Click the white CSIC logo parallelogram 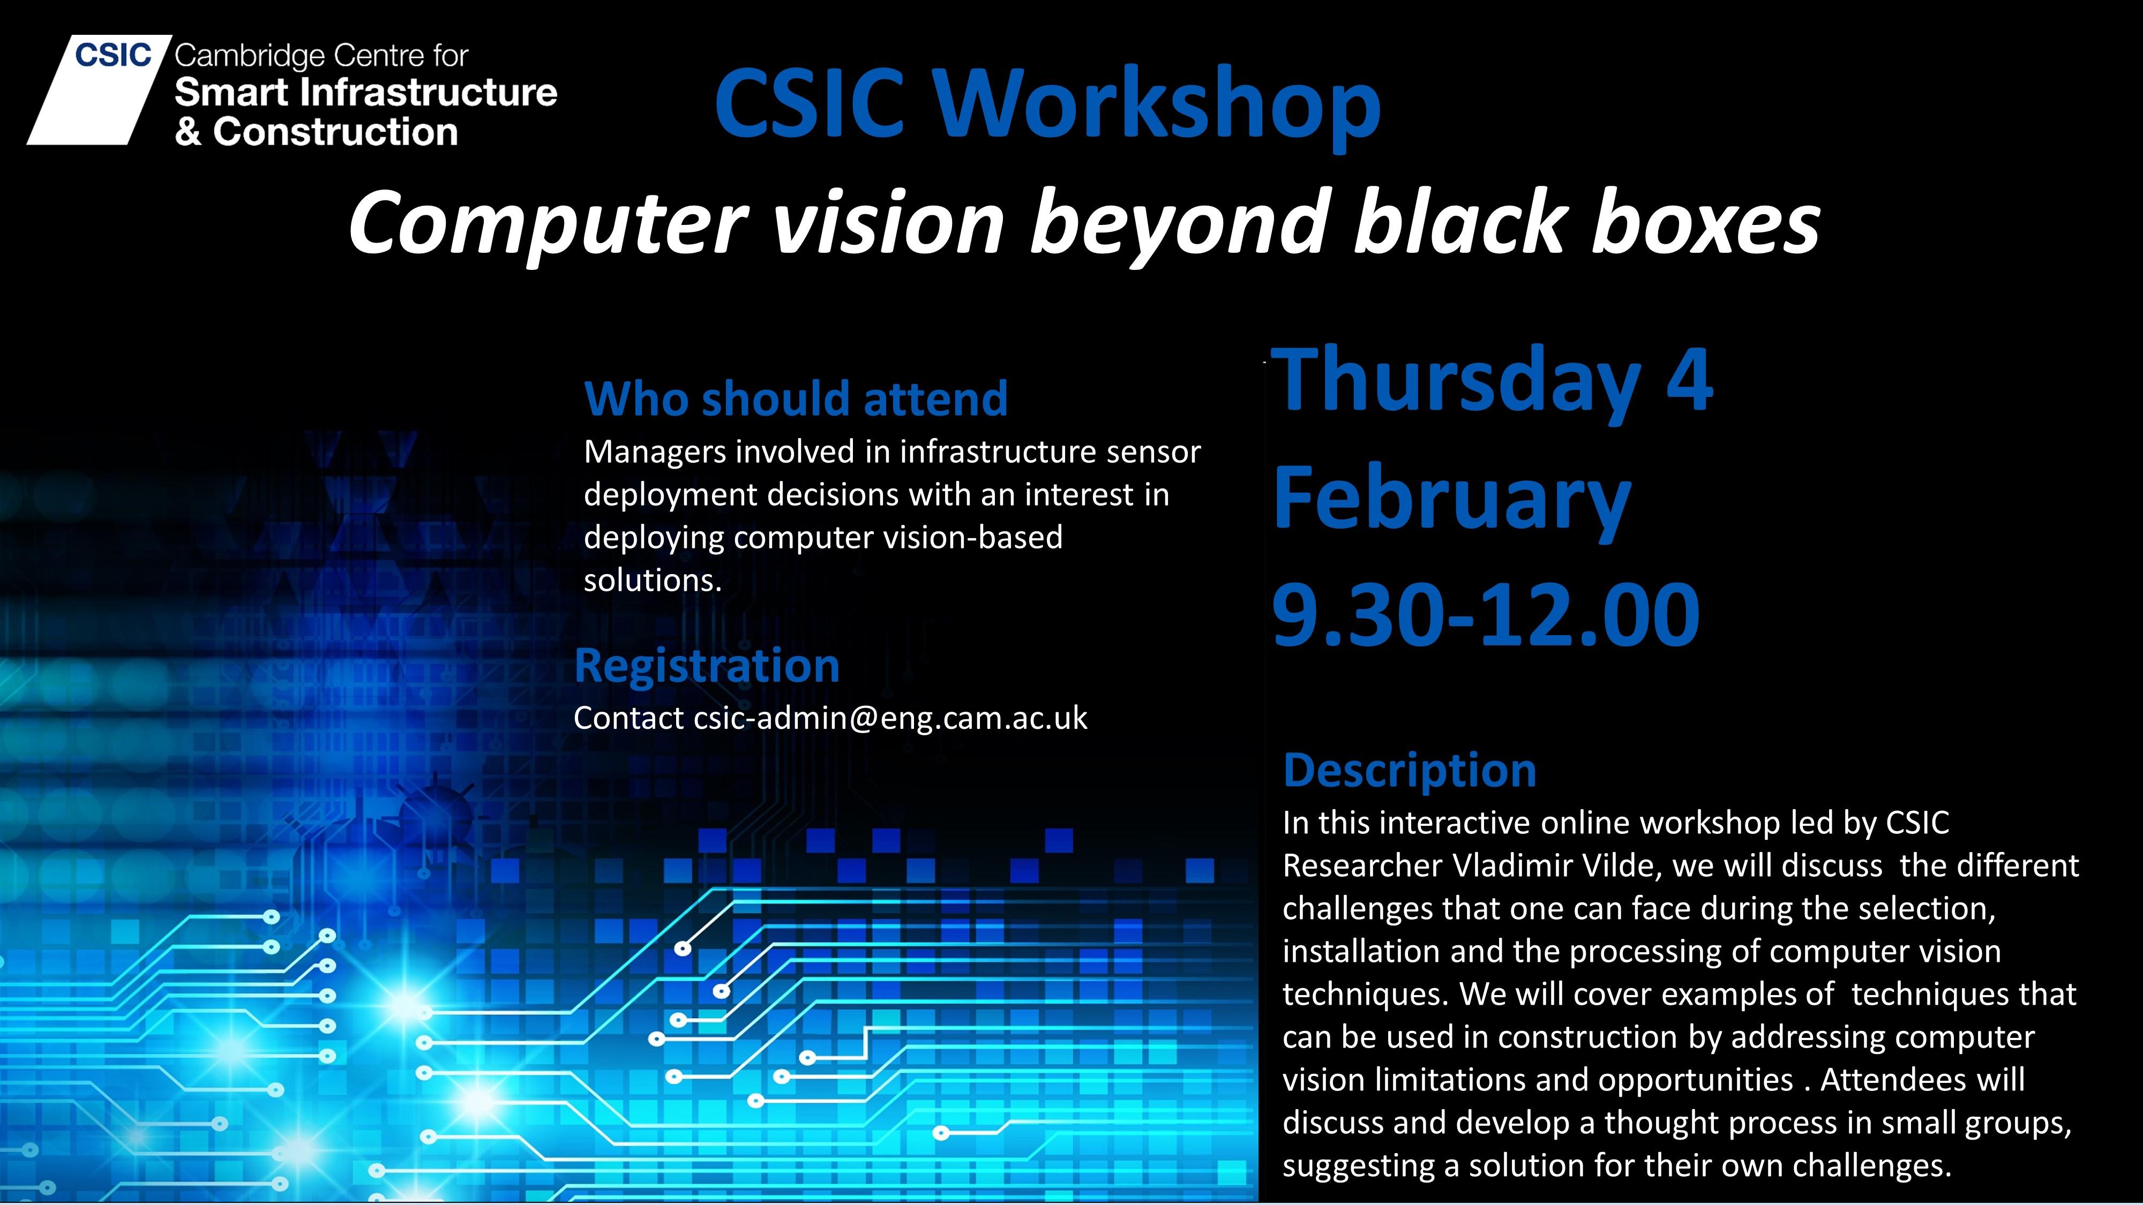point(98,90)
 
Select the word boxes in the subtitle point(1705,223)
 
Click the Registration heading point(707,667)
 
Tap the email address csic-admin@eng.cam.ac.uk point(890,718)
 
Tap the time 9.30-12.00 point(1486,615)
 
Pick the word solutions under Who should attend point(652,579)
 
